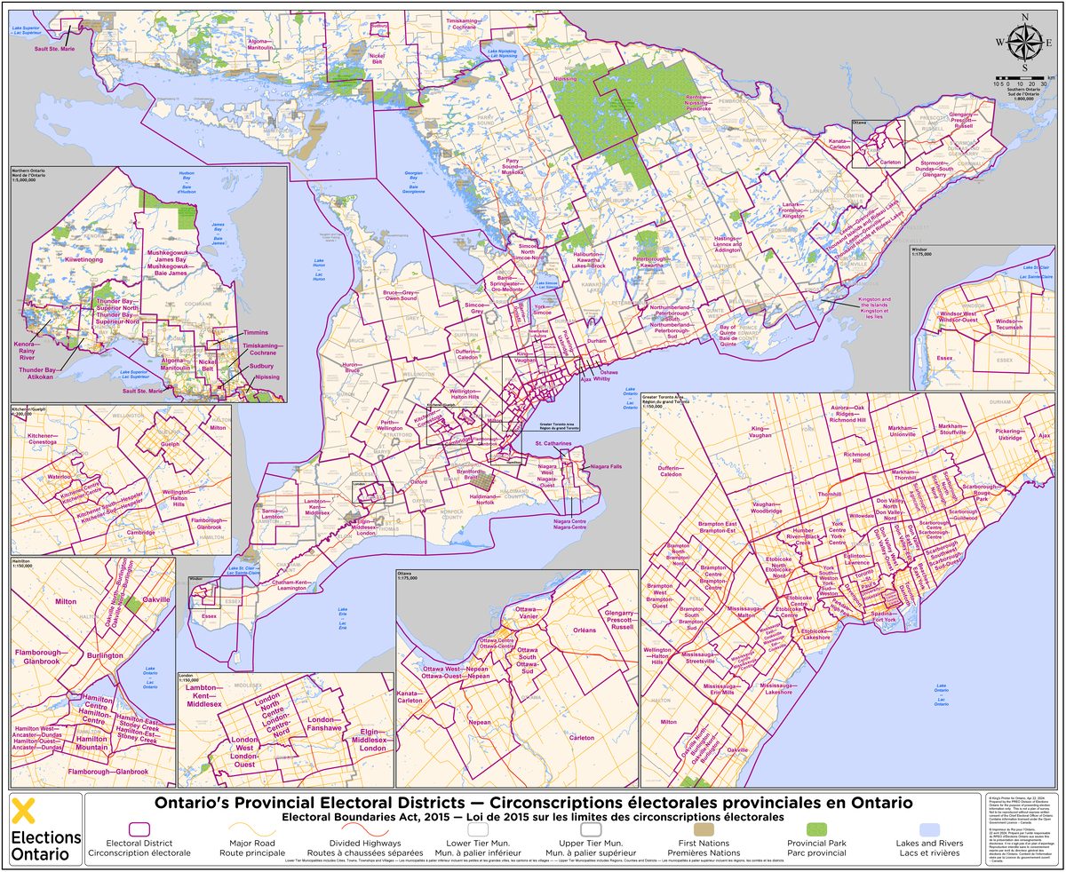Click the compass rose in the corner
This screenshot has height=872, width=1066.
(x=1024, y=42)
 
